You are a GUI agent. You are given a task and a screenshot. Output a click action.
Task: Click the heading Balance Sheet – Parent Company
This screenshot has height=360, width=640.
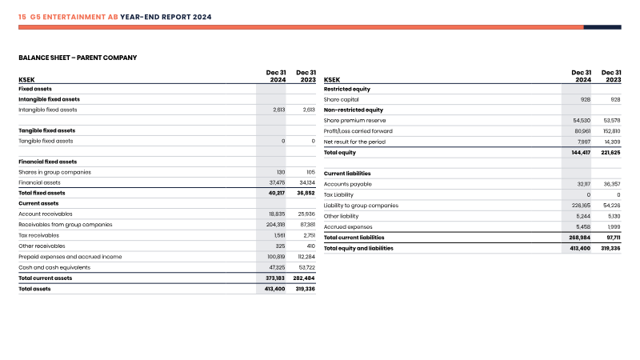(x=78, y=58)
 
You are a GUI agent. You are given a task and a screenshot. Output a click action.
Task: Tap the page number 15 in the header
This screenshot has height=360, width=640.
(x=22, y=17)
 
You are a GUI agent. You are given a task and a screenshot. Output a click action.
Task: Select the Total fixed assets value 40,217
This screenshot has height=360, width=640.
(x=277, y=193)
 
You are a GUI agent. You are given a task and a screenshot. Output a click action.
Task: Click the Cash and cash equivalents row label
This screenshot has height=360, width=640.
(x=54, y=267)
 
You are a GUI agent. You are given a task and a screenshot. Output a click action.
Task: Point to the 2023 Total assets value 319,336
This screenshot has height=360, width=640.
(x=306, y=289)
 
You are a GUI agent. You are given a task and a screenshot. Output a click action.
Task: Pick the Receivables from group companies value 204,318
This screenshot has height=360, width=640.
(x=275, y=225)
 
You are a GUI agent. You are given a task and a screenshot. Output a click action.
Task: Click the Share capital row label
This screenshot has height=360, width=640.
(x=342, y=99)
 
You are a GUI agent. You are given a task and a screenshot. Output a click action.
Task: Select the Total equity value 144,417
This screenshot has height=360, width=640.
(x=581, y=153)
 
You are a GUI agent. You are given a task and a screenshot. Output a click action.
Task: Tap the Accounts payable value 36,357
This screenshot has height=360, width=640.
(x=612, y=184)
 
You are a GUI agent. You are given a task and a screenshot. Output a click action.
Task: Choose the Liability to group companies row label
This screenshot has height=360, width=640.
(x=361, y=206)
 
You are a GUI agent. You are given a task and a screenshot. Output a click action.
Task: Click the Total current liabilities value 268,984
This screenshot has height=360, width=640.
(x=579, y=238)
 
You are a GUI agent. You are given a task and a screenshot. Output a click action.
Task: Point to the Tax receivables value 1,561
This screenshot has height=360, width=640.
(x=279, y=235)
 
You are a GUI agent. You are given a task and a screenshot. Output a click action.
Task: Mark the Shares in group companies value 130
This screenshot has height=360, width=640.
(x=281, y=172)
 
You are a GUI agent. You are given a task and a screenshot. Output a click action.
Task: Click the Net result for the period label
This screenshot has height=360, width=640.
(x=354, y=142)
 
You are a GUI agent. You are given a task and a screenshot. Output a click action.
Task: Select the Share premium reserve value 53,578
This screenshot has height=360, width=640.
(x=612, y=121)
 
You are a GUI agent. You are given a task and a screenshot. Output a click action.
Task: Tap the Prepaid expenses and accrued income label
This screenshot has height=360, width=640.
(x=70, y=257)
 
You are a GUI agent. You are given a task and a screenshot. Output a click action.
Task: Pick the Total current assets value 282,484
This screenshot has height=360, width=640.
(x=304, y=278)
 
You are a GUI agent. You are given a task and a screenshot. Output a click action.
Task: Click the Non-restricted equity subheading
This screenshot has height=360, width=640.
(x=354, y=110)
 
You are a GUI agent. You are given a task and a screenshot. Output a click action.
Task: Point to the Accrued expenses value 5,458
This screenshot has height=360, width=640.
(x=583, y=227)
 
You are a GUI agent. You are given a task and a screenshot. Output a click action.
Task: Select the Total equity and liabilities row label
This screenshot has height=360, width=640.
(x=358, y=248)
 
